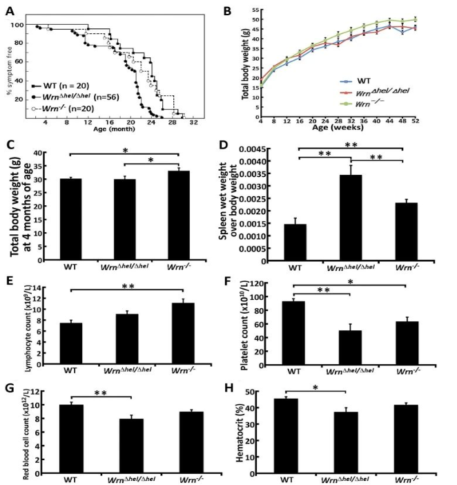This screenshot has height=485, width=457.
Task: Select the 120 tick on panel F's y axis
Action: (x=280, y=283)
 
